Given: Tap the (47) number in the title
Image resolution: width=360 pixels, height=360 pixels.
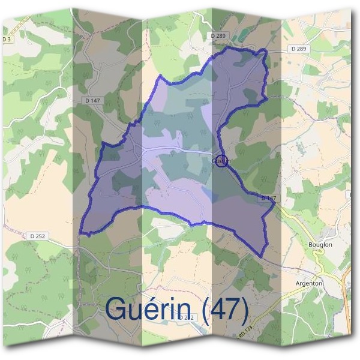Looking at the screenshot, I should pos(225,310).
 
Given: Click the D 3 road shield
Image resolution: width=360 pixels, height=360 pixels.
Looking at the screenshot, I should pos(7,39).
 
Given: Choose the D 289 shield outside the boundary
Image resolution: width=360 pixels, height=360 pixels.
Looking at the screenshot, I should pos(298,48).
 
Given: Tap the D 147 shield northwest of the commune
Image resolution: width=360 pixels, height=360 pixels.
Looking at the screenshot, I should pos(92,100).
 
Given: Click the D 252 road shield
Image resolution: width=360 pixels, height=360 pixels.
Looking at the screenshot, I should pos(37,236).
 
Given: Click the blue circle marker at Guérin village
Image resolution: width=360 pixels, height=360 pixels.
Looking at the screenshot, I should pos(221,161).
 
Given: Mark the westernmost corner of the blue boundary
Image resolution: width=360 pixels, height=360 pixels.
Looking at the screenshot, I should pos(80,233).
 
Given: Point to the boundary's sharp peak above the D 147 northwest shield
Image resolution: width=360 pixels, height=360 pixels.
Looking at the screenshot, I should pos(160,76).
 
